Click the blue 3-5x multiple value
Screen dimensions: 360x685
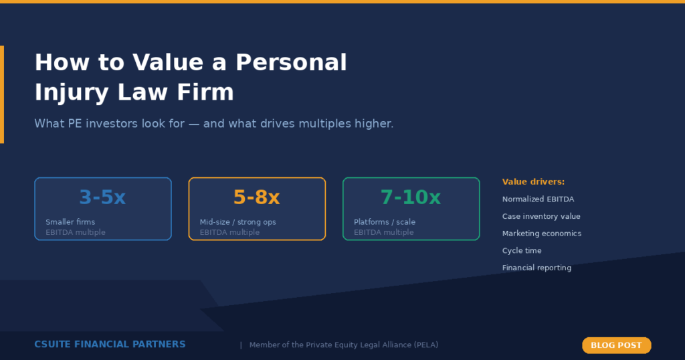(x=102, y=197)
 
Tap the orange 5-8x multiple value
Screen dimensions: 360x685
(x=256, y=197)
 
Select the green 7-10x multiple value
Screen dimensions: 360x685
(x=411, y=197)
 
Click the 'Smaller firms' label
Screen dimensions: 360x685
(x=70, y=222)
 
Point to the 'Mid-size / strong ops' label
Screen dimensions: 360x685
(x=237, y=222)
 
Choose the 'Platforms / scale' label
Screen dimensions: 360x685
(x=385, y=222)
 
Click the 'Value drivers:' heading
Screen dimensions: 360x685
(x=533, y=182)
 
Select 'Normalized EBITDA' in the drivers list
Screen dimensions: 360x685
(x=538, y=199)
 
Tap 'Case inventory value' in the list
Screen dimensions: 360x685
(x=541, y=217)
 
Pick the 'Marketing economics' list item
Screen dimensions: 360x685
(x=542, y=234)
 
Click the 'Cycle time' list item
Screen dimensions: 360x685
(x=522, y=251)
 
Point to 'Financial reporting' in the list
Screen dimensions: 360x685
(x=536, y=268)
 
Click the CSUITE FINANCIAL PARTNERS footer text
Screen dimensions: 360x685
(x=110, y=345)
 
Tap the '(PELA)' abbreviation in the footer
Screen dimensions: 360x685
(x=426, y=345)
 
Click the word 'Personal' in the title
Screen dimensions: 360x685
(x=291, y=63)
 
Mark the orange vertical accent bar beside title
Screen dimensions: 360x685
(x=2, y=94)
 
